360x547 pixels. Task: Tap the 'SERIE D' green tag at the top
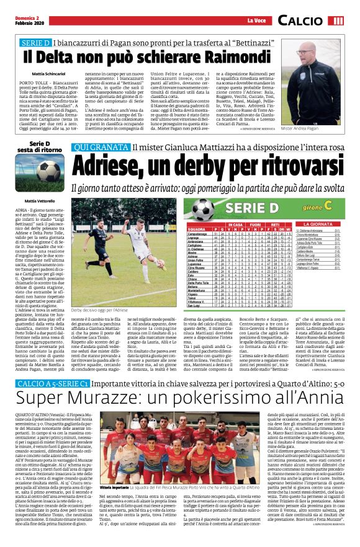(36, 45)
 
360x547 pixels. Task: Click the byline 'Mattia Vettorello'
(38, 200)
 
